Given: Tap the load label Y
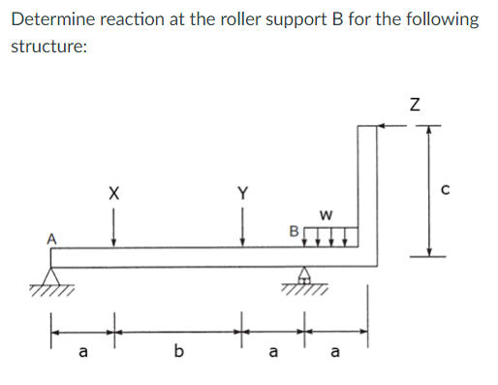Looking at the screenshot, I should pyautogui.click(x=242, y=193).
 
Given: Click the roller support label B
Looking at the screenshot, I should pyautogui.click(x=292, y=232).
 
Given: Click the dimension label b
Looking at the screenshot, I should pyautogui.click(x=177, y=352).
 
